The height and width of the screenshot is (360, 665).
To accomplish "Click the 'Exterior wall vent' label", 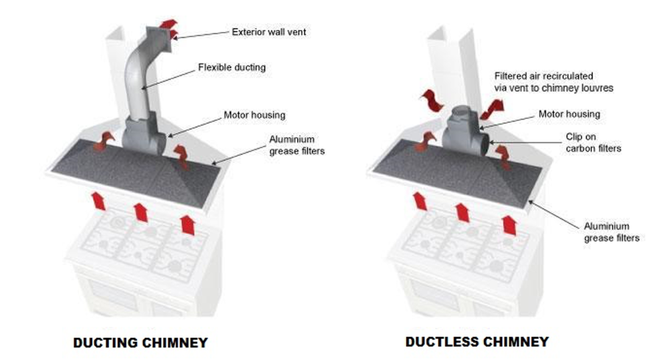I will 269,31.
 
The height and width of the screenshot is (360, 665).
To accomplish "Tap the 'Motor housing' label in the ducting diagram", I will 254,115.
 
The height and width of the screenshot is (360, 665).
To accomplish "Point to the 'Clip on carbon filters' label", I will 593,143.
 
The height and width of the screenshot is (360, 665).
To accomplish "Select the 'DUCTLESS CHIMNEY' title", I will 477,341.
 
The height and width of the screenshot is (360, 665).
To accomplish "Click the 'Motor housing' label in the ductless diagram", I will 569,114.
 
